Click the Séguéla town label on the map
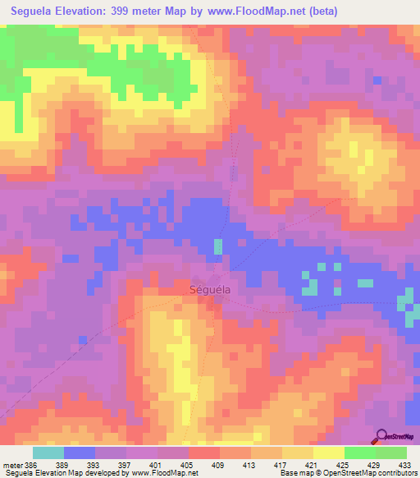point(209,290)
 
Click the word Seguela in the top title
point(34,11)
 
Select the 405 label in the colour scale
point(188,464)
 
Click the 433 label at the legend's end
point(404,464)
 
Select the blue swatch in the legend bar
point(79,453)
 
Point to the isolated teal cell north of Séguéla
point(217,246)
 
